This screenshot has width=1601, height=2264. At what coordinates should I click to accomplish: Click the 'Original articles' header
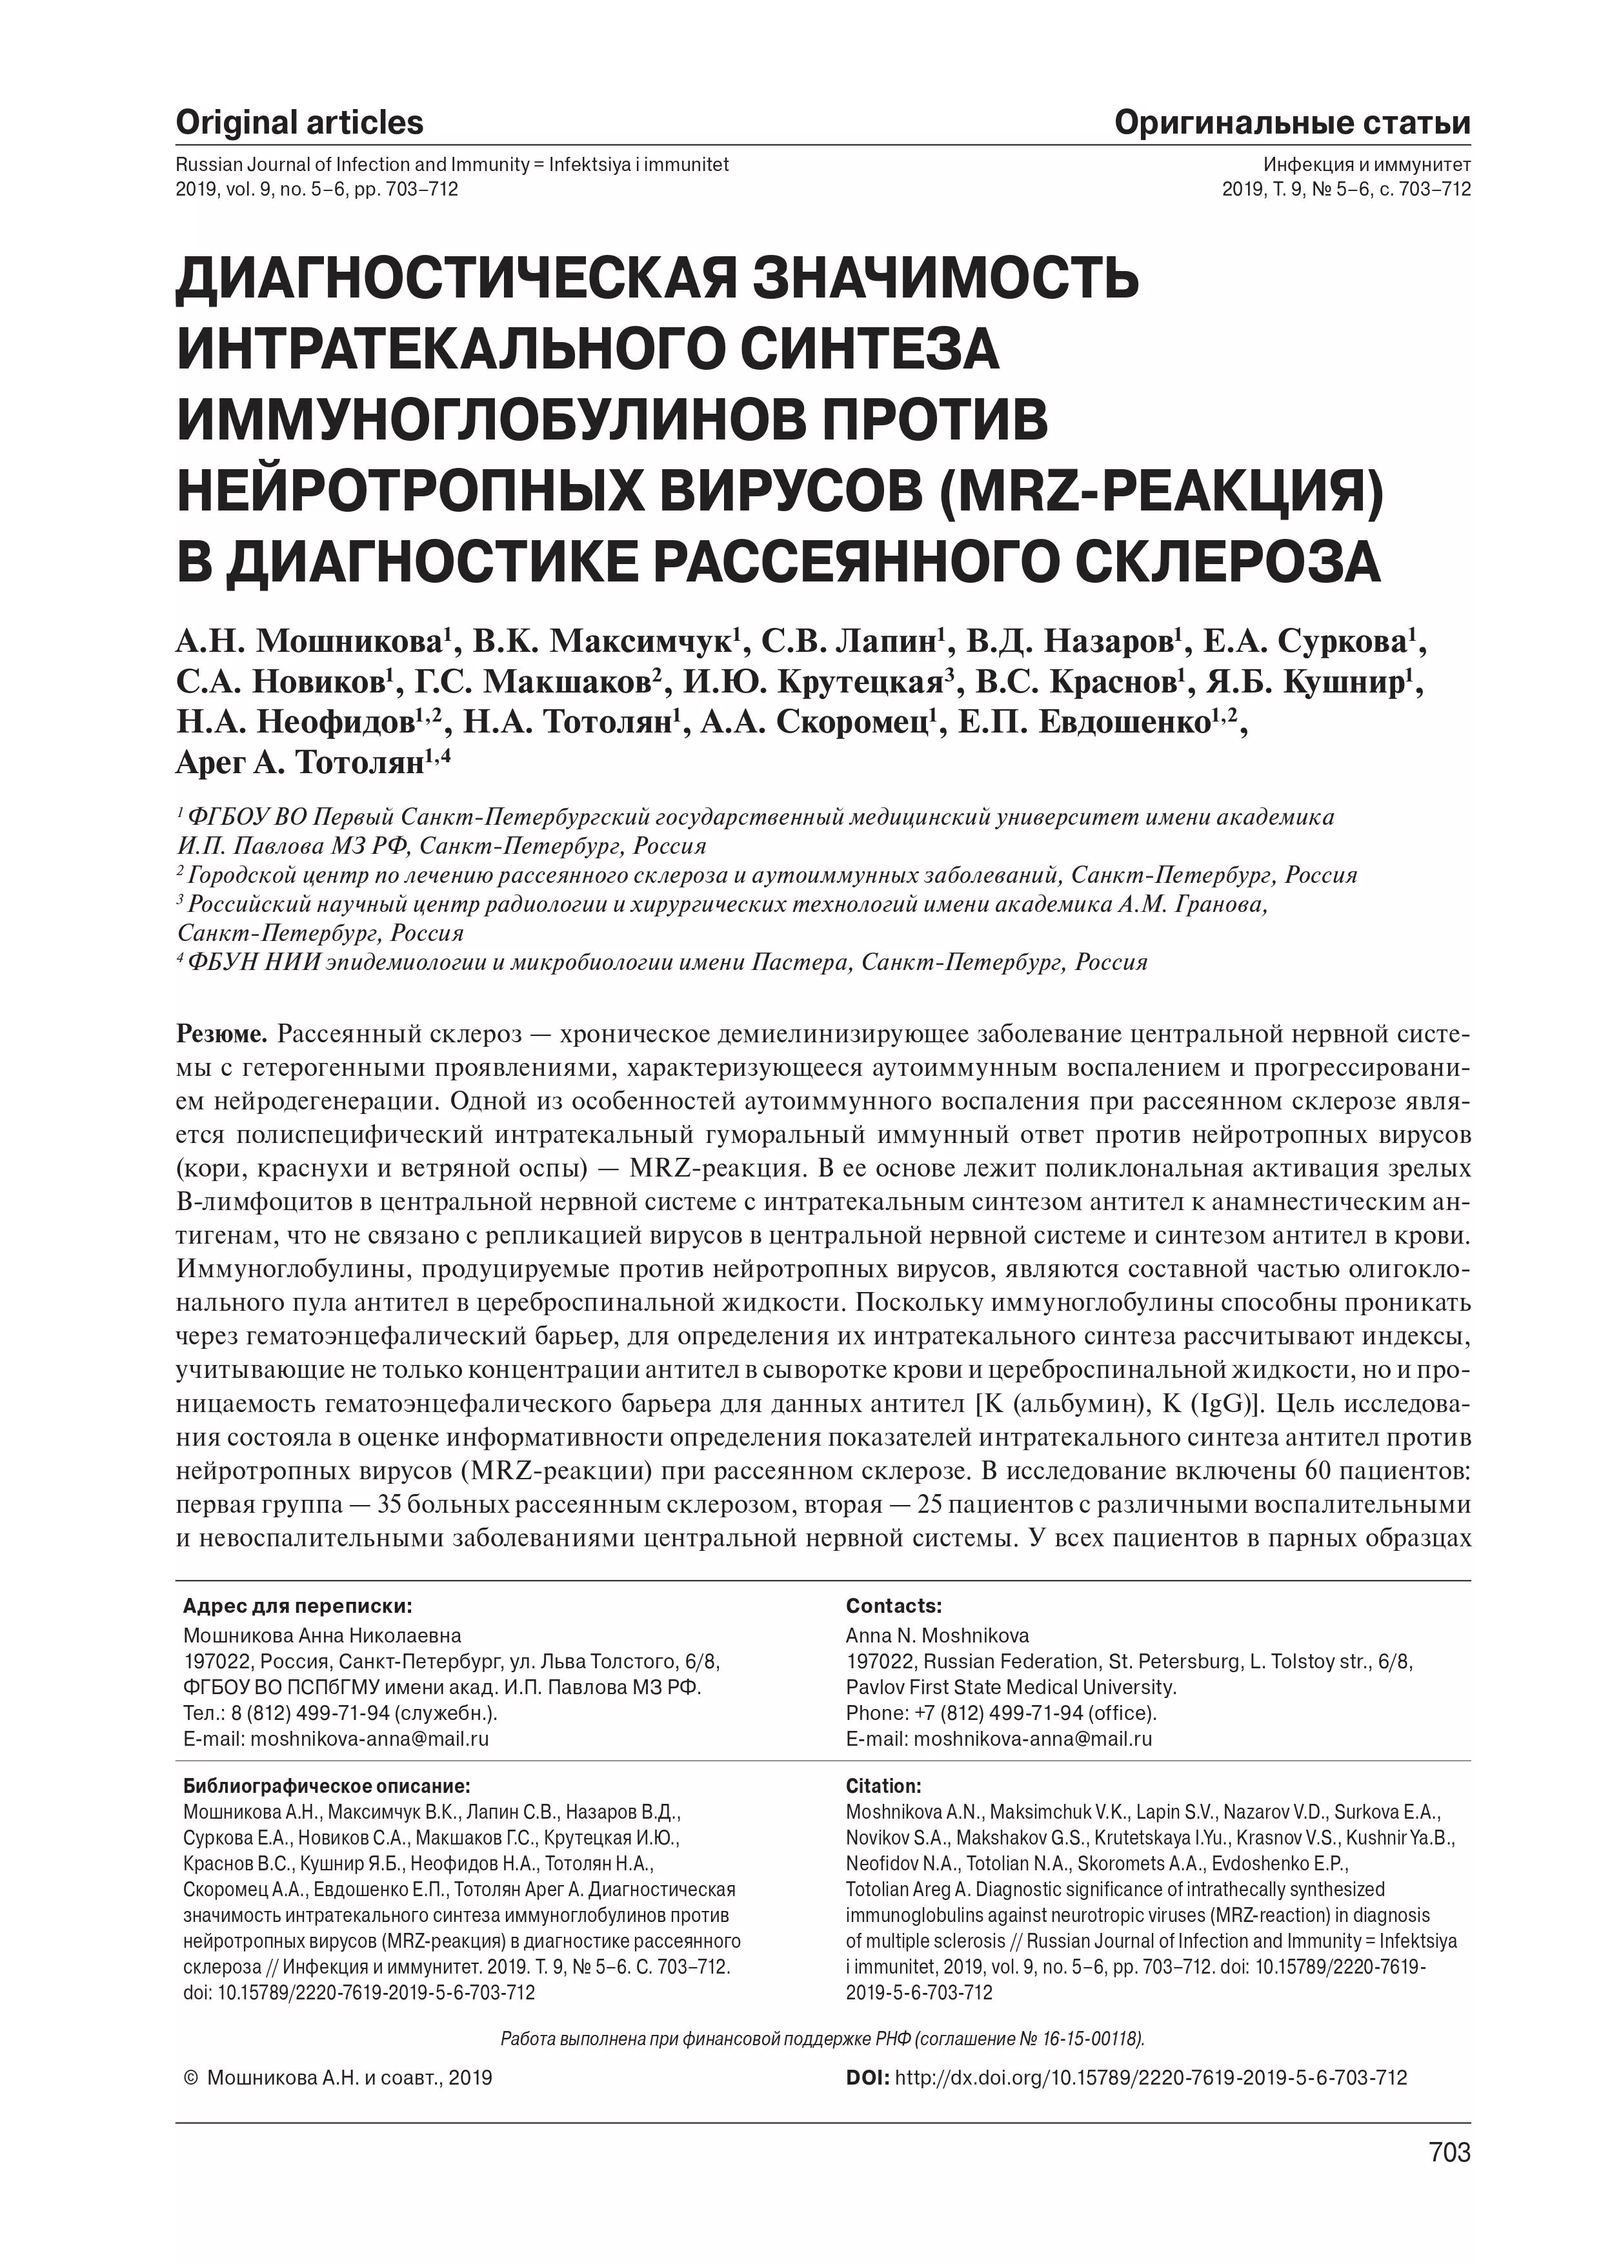click(x=299, y=123)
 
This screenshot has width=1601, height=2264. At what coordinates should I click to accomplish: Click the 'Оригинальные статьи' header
click(x=1293, y=123)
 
